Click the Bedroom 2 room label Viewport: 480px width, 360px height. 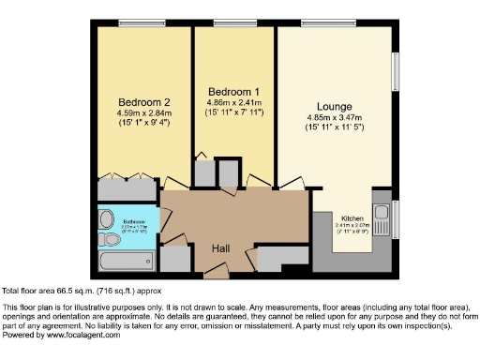click(143, 101)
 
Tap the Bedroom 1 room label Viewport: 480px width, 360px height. click(233, 91)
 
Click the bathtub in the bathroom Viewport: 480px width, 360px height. click(127, 258)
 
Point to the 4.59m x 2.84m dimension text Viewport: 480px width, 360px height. click(143, 114)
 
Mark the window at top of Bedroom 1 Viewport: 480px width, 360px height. click(230, 22)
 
